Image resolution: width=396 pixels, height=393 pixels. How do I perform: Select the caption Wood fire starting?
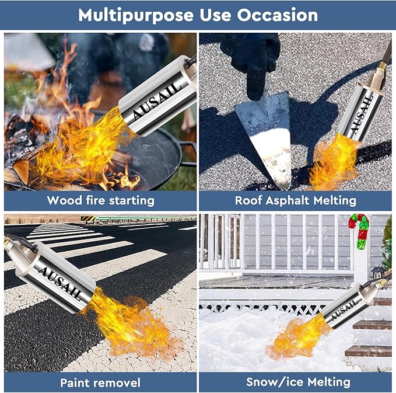click(100, 200)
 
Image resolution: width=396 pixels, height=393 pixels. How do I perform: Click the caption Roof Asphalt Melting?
click(295, 200)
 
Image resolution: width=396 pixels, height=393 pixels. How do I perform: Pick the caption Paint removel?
click(100, 382)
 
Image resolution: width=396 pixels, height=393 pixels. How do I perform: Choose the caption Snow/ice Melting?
click(298, 382)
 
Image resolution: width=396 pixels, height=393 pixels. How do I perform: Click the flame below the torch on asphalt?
click(332, 164)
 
